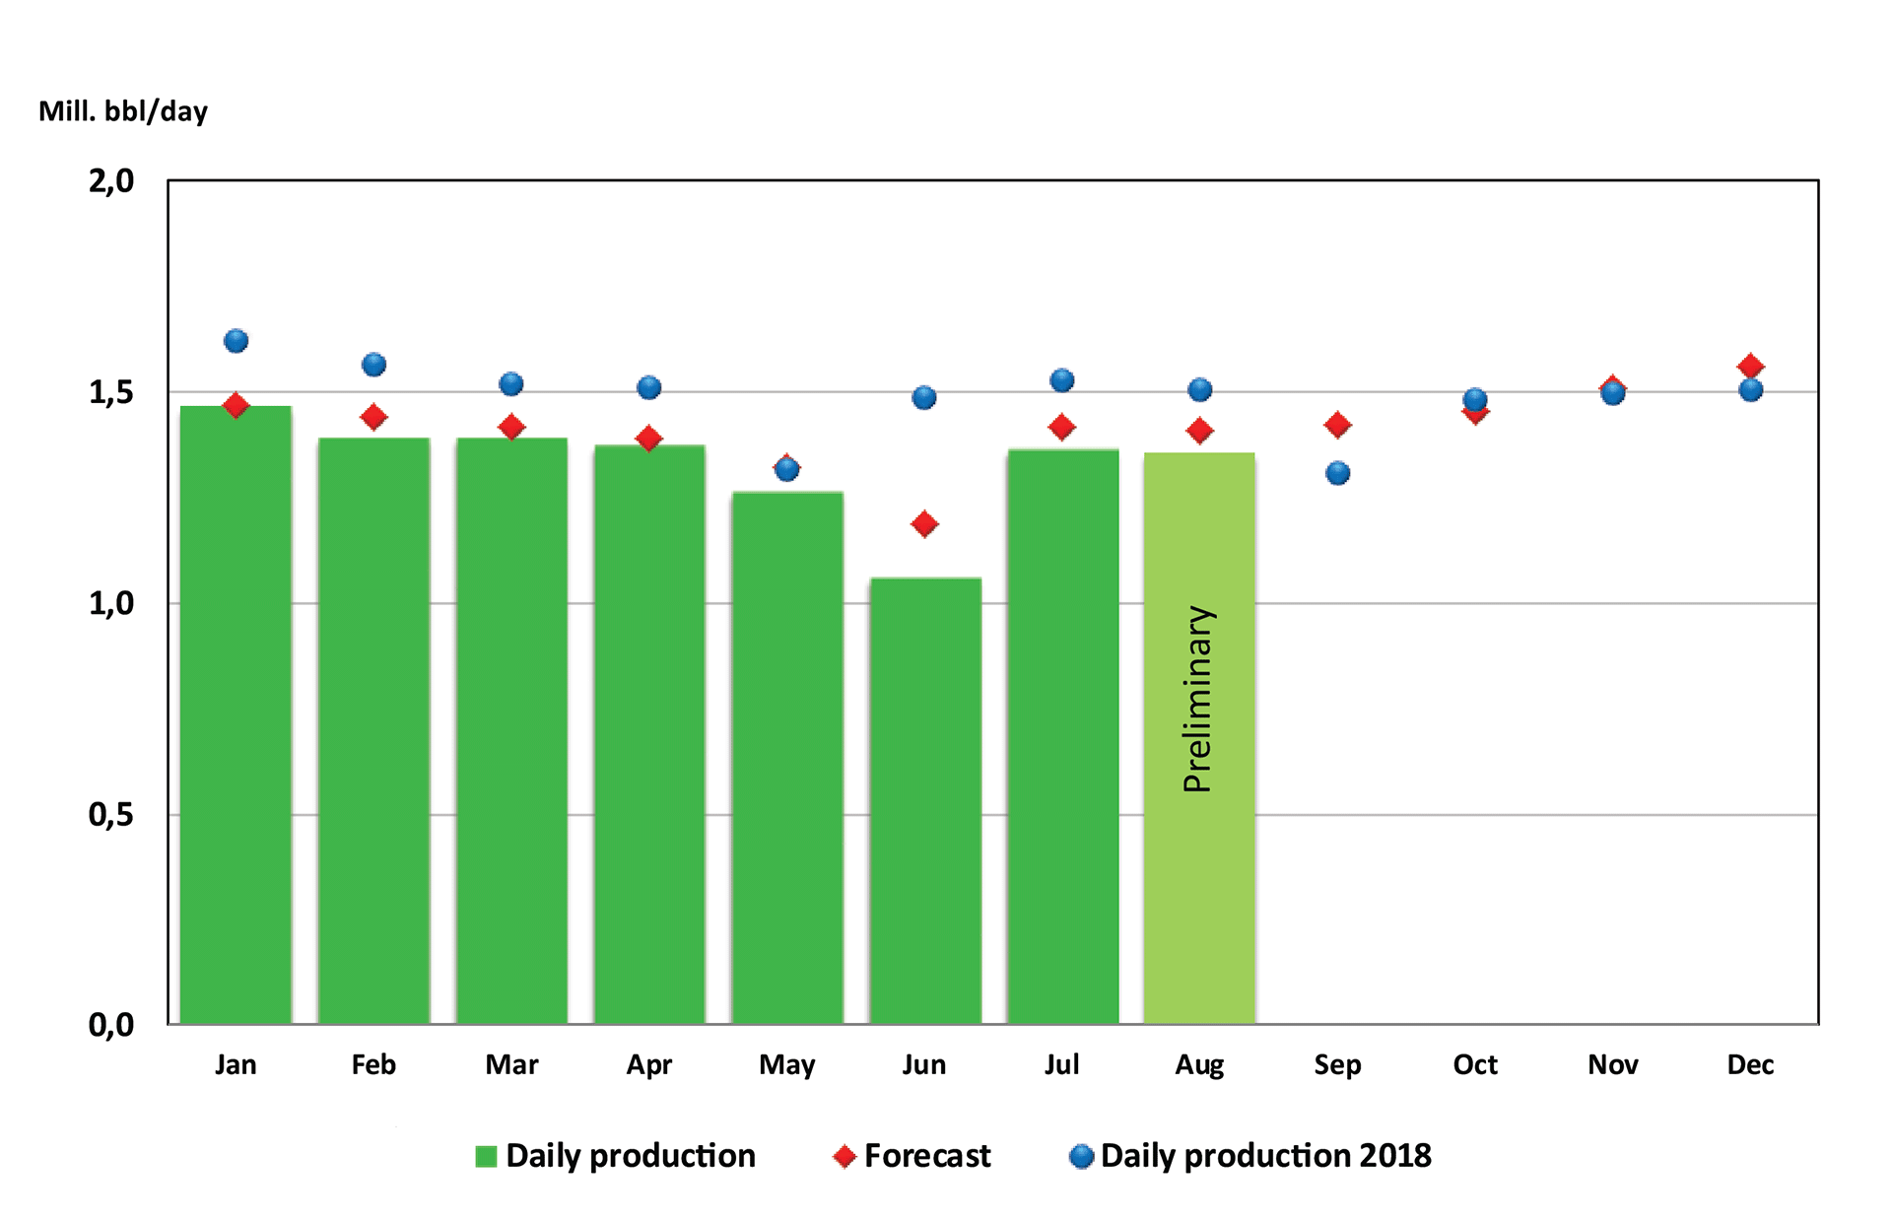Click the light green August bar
[1199, 887]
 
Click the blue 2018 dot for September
[1337, 473]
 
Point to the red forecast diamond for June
[924, 524]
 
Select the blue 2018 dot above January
[236, 341]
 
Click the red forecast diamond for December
[1750, 366]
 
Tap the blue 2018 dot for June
[924, 398]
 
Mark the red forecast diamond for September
[1337, 425]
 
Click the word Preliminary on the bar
[1197, 699]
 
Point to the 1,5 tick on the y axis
[110, 392]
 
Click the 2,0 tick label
[110, 181]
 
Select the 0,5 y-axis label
[110, 814]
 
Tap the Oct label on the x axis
[1474, 1064]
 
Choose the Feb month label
[373, 1064]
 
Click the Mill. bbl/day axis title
[123, 111]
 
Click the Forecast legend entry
[926, 1156]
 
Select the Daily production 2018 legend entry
[1265, 1156]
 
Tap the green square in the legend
[486, 1157]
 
